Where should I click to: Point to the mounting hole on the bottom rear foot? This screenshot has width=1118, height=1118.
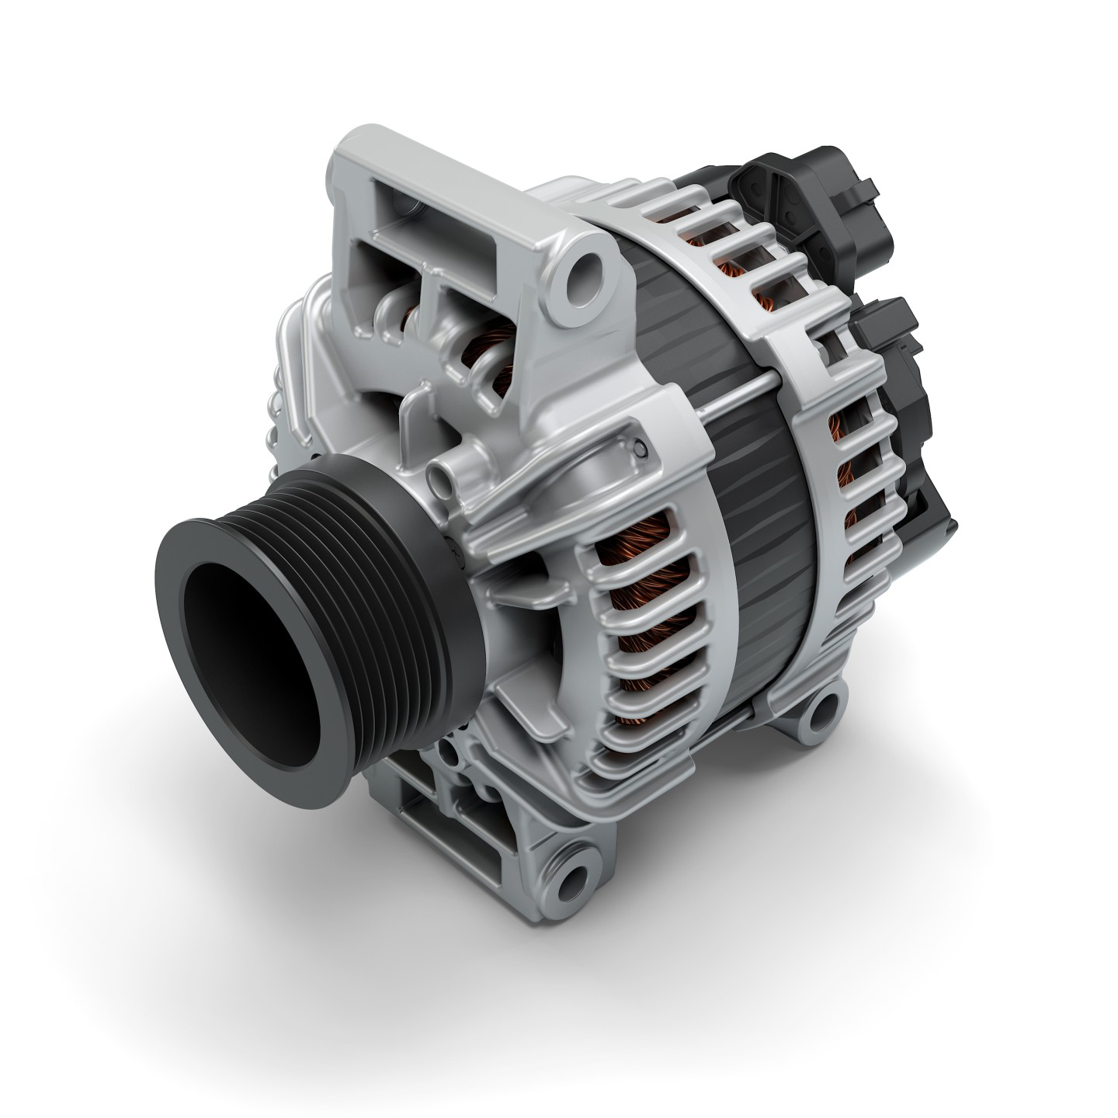[825, 705]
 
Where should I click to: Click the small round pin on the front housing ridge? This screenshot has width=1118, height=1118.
[639, 448]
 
